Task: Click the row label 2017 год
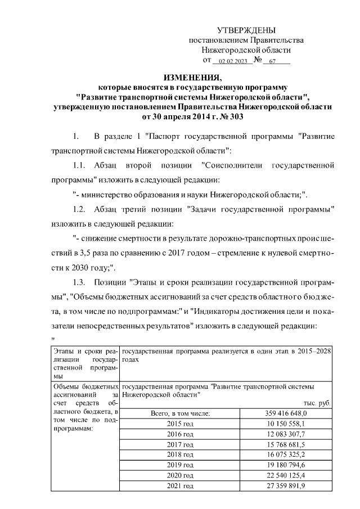(x=181, y=444)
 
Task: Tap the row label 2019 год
(x=181, y=465)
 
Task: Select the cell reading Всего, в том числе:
(x=181, y=413)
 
